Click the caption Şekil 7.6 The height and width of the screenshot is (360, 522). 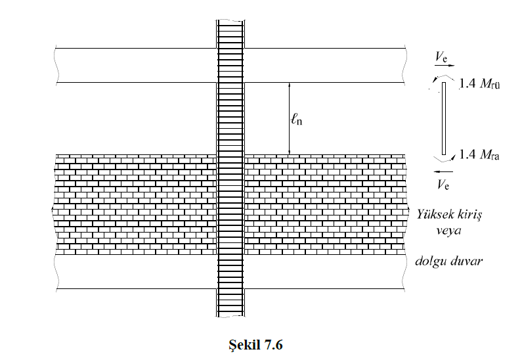click(x=255, y=345)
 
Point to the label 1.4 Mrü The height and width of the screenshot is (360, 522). click(x=479, y=83)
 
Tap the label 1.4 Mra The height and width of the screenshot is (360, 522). click(x=479, y=154)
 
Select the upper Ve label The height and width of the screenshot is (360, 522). click(x=441, y=57)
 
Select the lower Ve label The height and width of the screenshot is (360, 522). click(x=443, y=184)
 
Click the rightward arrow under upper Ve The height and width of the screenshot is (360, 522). click(x=445, y=66)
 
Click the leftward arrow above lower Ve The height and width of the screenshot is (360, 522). click(x=443, y=172)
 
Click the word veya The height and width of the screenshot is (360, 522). click(x=448, y=231)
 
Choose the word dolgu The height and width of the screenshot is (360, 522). click(x=431, y=261)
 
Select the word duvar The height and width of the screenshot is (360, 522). click(x=466, y=260)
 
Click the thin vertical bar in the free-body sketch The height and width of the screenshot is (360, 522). click(x=444, y=118)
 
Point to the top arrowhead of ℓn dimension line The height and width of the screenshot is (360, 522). click(x=290, y=85)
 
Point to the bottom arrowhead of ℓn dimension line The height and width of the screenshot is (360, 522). click(x=290, y=152)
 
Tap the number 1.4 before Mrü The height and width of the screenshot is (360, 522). click(x=468, y=83)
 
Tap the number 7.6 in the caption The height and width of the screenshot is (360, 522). click(x=273, y=345)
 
